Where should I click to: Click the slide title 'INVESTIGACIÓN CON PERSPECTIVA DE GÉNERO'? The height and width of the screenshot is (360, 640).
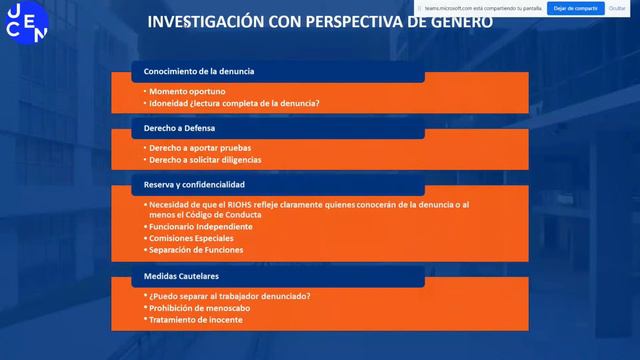(319, 21)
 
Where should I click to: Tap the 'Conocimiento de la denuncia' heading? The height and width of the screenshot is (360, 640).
(199, 71)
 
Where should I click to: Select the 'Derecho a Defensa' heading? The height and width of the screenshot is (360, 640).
(180, 128)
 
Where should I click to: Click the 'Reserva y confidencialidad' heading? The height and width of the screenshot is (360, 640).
(194, 185)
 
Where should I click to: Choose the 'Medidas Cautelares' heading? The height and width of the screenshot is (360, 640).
(181, 276)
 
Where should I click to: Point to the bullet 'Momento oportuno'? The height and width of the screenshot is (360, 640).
(181, 91)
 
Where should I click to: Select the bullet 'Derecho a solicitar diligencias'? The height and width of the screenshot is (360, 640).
(207, 160)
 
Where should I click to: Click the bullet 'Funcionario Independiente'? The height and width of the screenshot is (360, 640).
(202, 227)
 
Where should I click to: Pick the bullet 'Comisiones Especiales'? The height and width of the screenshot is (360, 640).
(194, 239)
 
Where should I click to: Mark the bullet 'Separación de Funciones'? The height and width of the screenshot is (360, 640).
(198, 250)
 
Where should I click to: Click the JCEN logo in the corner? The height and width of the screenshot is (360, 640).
(26, 22)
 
